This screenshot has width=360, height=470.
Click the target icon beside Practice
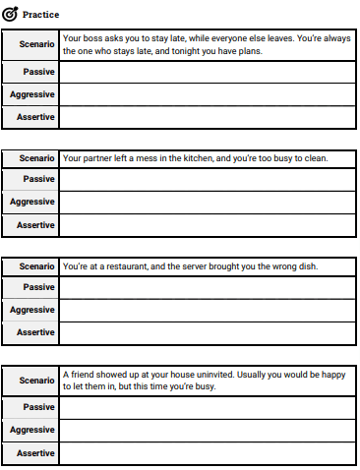click(12, 15)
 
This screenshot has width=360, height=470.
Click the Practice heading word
click(40, 15)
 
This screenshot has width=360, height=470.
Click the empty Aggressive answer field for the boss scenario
click(207, 94)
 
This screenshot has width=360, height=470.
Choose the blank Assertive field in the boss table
click(207, 117)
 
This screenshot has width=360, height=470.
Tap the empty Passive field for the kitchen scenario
click(207, 179)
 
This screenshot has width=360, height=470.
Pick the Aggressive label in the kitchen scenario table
click(32, 202)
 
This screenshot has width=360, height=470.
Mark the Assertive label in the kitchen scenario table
click(35, 224)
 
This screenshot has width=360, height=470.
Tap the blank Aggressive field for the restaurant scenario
click(207, 310)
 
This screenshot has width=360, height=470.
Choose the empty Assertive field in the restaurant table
click(207, 332)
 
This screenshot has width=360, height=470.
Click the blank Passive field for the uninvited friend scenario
click(207, 407)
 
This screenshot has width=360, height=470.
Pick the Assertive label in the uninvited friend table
click(35, 452)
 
